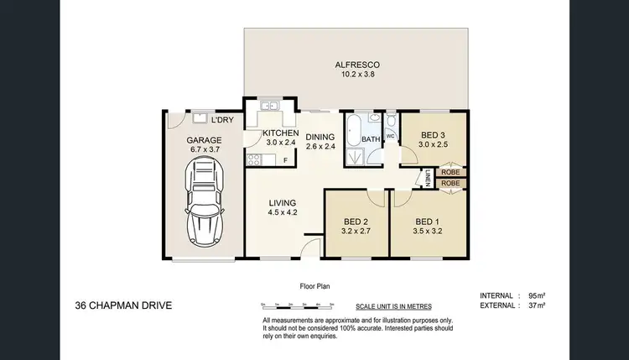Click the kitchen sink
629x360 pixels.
click(269, 107)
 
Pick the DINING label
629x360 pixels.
click(320, 138)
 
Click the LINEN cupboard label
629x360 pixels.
click(427, 179)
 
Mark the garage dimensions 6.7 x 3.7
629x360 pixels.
click(204, 149)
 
